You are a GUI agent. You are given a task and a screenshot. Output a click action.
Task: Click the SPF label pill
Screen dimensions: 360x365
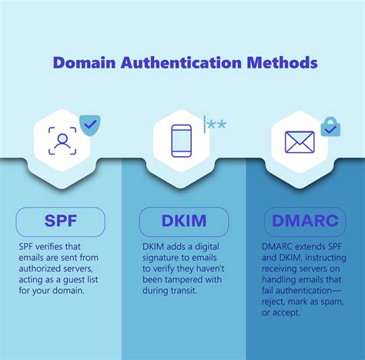click(x=60, y=222)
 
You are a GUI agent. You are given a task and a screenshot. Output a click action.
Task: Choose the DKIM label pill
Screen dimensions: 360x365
click(x=183, y=222)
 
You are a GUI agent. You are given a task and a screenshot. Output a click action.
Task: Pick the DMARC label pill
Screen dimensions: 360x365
click(x=305, y=222)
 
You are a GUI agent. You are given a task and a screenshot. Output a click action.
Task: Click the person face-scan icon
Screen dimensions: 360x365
click(x=62, y=141)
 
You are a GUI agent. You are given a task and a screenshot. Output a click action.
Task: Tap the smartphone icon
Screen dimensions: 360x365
click(x=182, y=141)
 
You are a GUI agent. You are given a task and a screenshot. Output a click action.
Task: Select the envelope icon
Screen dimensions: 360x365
click(x=300, y=142)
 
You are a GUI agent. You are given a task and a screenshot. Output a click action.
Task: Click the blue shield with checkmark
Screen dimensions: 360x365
click(x=90, y=125)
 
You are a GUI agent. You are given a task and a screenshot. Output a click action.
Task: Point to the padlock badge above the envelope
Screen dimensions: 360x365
click(x=330, y=127)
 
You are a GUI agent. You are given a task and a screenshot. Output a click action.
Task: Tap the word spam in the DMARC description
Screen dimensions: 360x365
click(x=333, y=303)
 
